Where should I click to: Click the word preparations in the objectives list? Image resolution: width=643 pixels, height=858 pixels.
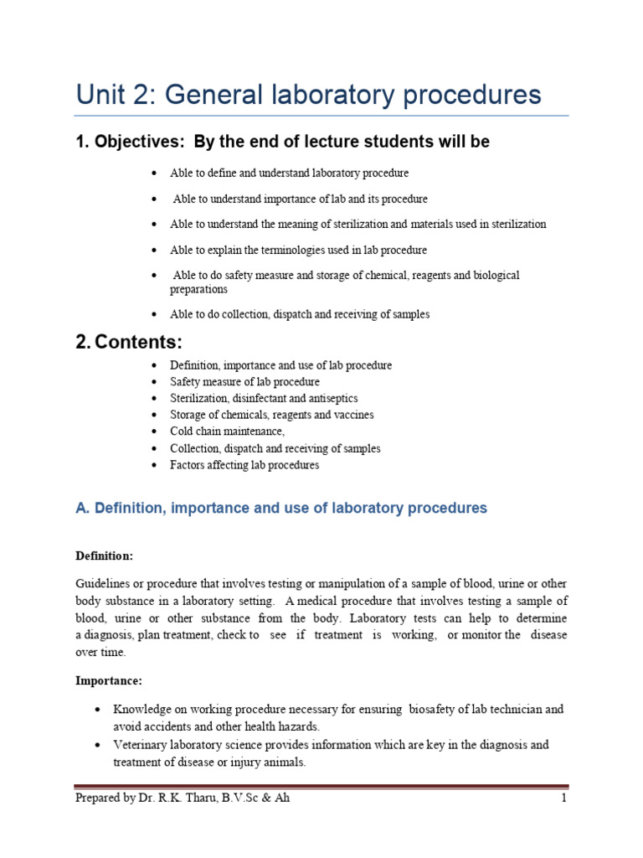198,289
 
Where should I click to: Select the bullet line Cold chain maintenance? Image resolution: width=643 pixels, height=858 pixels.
227,432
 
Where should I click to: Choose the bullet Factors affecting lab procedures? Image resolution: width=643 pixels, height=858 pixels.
244,465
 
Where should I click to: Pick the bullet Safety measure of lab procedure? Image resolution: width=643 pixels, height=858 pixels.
244,382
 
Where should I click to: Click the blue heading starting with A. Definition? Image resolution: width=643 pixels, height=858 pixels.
280,508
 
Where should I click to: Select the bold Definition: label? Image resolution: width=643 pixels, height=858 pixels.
104,556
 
